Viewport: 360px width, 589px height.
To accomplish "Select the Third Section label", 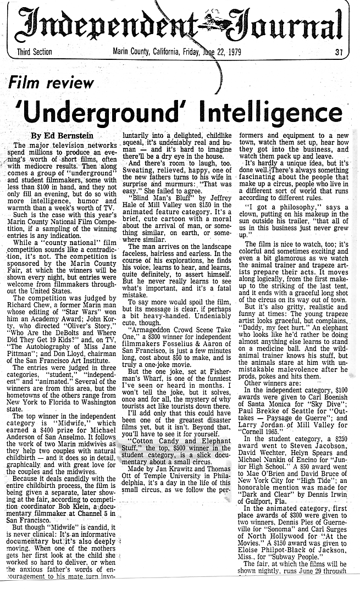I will [x=30, y=52].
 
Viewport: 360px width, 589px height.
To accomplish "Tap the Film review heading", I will [x=51, y=83].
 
